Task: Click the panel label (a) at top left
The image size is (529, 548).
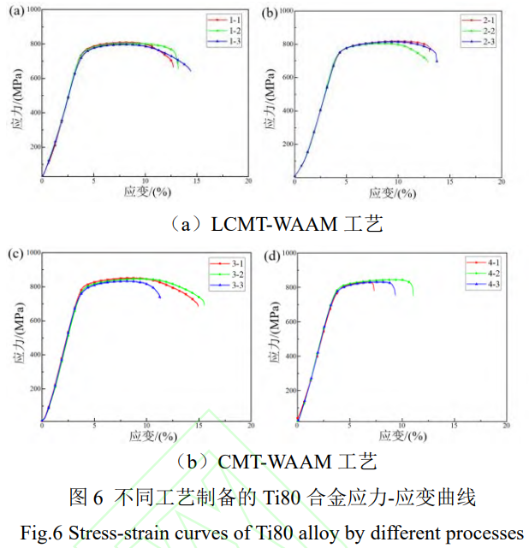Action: click(x=14, y=12)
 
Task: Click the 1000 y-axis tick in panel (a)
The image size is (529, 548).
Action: click(x=33, y=9)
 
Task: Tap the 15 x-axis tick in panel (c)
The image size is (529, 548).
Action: click(x=198, y=426)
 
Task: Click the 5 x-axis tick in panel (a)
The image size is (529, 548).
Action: click(x=94, y=182)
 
